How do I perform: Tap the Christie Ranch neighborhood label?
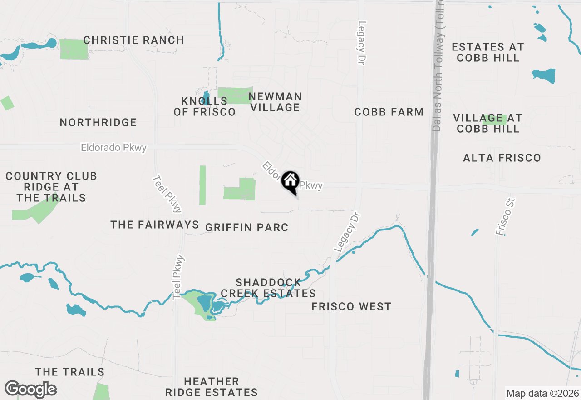133,40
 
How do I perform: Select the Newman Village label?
275,102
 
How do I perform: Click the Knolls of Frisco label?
204,106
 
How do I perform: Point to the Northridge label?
98,122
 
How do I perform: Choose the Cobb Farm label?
389,112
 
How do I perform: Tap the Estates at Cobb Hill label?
488,52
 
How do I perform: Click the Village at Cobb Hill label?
488,123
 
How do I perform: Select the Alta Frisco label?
502,158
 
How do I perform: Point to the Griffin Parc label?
247,227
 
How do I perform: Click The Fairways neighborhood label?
155,225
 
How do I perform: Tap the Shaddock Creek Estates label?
268,288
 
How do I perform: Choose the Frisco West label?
351,306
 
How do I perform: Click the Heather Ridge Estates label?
212,387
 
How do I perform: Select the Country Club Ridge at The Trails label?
51,187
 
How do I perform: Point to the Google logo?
30,389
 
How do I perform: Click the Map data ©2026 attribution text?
542,393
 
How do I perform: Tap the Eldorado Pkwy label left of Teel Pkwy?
114,148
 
